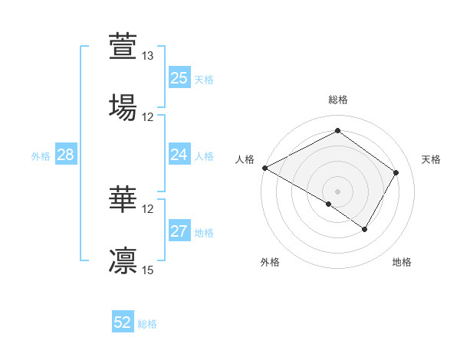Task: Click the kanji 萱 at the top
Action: pyautogui.click(x=123, y=46)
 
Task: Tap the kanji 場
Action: pyautogui.click(x=123, y=106)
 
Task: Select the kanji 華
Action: pyautogui.click(x=123, y=198)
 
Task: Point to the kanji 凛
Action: pyautogui.click(x=123, y=260)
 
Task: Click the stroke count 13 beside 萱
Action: pyautogui.click(x=148, y=56)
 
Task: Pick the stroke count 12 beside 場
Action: pyautogui.click(x=148, y=117)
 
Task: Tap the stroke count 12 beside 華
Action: pyautogui.click(x=148, y=208)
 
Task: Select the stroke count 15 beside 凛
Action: pyautogui.click(x=148, y=270)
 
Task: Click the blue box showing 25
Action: pyautogui.click(x=179, y=77)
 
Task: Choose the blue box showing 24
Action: pyautogui.click(x=179, y=155)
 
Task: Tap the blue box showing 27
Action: pyautogui.click(x=179, y=231)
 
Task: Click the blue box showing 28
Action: pyautogui.click(x=66, y=155)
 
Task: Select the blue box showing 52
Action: pyautogui.click(x=123, y=322)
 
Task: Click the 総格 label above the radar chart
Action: pyautogui.click(x=338, y=100)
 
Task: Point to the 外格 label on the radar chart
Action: pyautogui.click(x=270, y=262)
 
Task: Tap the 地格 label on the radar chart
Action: pyautogui.click(x=402, y=262)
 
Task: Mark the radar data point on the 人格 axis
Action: pyautogui.click(x=264, y=168)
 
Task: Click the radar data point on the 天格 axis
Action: pyautogui.click(x=396, y=172)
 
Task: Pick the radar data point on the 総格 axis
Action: pyautogui.click(x=337, y=131)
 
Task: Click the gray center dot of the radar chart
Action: pyautogui.click(x=337, y=191)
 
